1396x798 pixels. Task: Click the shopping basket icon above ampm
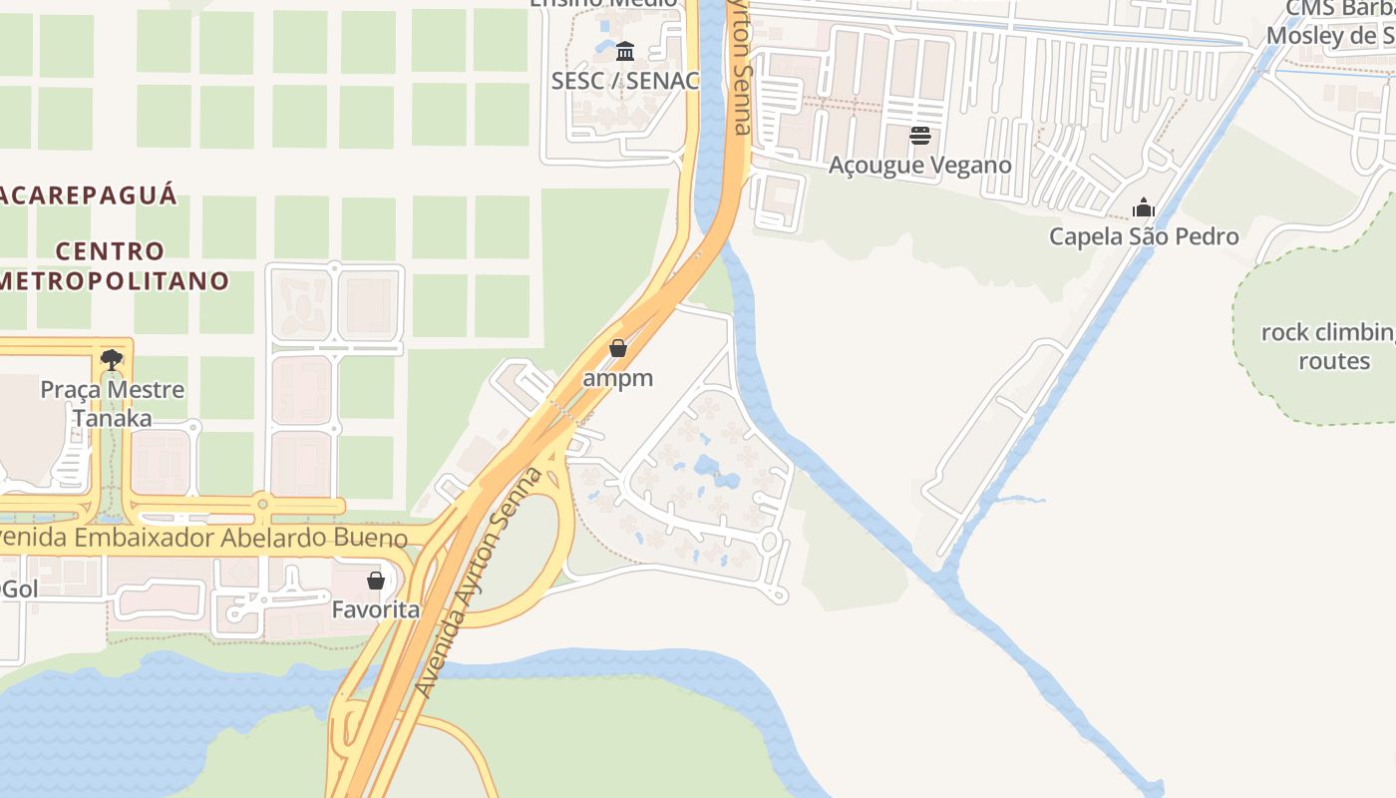(x=618, y=348)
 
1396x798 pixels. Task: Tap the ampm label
(x=618, y=378)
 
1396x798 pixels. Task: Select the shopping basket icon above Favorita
(x=376, y=580)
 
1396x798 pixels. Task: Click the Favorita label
(x=376, y=608)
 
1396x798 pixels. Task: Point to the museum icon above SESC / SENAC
(x=625, y=51)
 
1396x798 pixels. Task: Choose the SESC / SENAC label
(x=625, y=81)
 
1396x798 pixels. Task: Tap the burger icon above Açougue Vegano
(x=920, y=136)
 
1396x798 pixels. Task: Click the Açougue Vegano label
(x=920, y=165)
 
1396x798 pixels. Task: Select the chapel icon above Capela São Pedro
(x=1144, y=207)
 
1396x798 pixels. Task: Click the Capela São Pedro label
(x=1144, y=236)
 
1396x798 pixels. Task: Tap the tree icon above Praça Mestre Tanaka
(x=112, y=360)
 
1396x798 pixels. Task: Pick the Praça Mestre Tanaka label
(x=112, y=403)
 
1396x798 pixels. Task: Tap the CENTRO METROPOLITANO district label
(x=114, y=265)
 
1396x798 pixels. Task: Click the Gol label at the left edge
(x=19, y=589)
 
